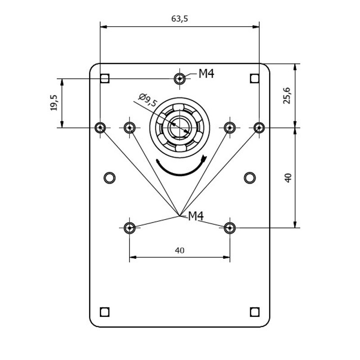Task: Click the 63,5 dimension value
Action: (x=180, y=18)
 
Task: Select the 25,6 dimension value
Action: (x=287, y=96)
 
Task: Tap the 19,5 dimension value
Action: (x=54, y=103)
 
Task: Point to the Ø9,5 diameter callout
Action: (x=148, y=100)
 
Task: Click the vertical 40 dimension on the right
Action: (x=288, y=178)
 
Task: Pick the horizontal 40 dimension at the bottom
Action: (x=180, y=250)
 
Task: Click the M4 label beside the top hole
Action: (x=207, y=74)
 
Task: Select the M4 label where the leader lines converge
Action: (x=196, y=216)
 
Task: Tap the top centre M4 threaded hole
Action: (x=180, y=79)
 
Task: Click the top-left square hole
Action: (x=105, y=78)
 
